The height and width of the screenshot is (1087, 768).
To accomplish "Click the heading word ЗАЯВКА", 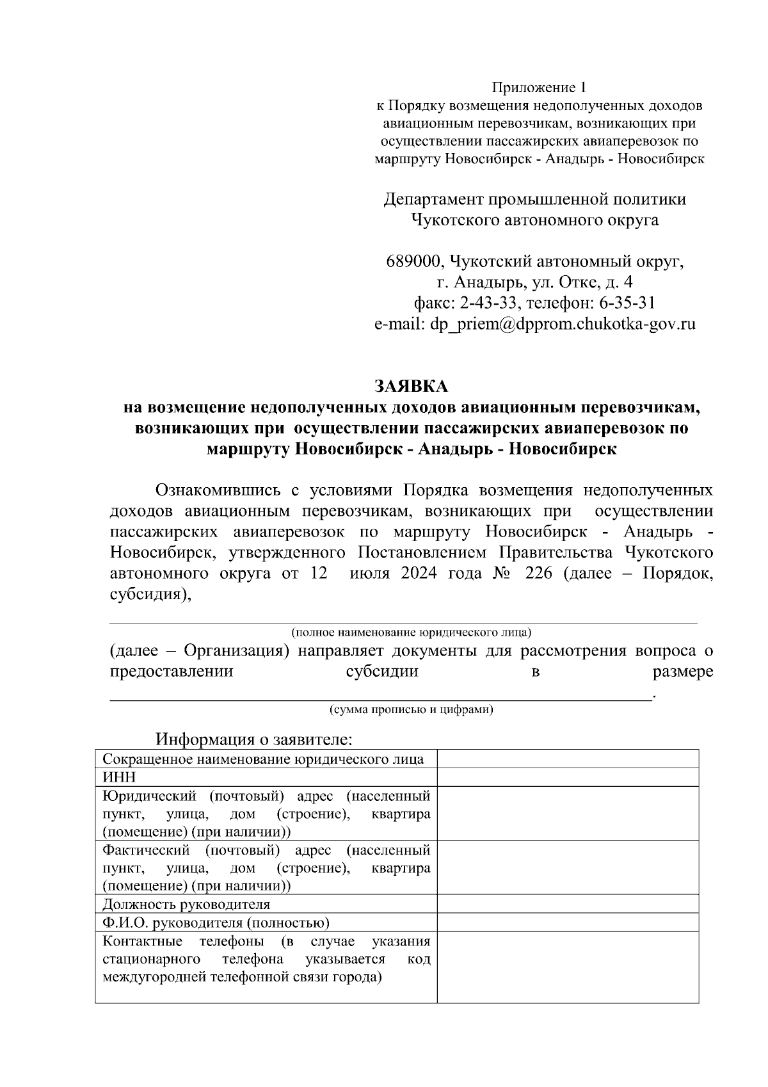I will pos(411,386).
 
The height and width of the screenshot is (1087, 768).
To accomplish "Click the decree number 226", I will pos(538,572).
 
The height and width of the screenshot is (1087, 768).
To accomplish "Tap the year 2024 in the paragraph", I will pos(419,572).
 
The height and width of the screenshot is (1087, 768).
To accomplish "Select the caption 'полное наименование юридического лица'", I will pos(411,633).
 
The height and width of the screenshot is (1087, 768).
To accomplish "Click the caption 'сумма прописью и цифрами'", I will pos(411,709).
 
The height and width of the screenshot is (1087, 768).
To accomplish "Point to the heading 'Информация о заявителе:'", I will pos(255,739).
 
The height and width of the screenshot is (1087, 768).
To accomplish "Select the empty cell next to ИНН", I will pos(568,777).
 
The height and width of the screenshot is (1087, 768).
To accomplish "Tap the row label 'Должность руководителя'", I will pos(186,904).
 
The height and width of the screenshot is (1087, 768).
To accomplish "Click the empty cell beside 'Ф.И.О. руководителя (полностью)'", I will pos(568,922).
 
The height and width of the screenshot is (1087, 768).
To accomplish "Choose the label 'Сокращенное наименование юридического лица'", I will pos(263,759).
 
